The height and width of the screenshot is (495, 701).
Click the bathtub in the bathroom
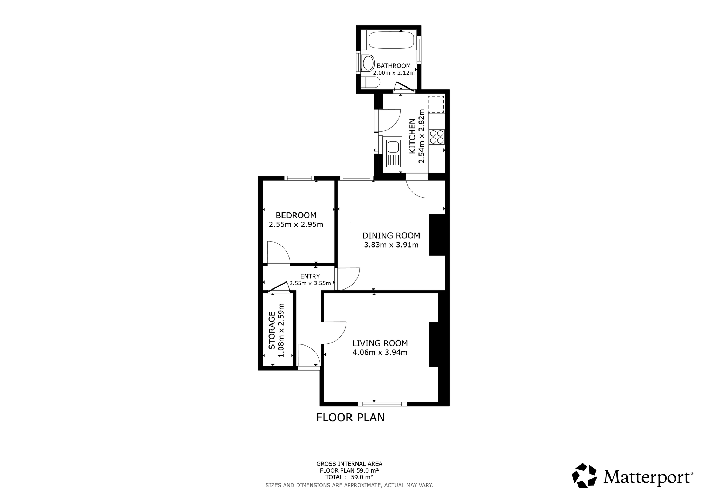(x=391, y=40)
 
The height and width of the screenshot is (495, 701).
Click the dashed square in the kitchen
(x=436, y=104)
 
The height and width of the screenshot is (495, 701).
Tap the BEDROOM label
(x=296, y=215)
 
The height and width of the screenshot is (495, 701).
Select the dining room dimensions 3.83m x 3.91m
(x=391, y=245)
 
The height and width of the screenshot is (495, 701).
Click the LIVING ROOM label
(x=380, y=343)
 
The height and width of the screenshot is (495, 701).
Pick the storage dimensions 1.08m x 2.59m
(x=281, y=330)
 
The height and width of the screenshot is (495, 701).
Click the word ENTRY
(x=310, y=276)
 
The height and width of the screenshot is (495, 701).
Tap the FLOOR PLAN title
(x=350, y=418)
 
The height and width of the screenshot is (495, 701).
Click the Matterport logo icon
(x=584, y=475)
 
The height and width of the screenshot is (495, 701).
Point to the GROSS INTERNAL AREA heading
(x=349, y=464)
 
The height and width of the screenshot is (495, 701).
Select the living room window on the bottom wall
(x=382, y=404)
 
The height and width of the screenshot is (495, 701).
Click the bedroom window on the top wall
(x=299, y=178)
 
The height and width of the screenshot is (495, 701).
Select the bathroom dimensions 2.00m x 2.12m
(x=394, y=73)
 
